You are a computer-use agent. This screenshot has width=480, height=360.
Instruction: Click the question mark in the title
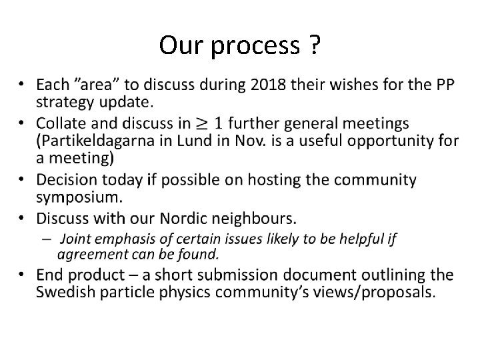coord(313,45)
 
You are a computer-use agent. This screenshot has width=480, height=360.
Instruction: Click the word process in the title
coord(255,47)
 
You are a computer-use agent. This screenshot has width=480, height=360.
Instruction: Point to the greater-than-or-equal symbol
coord(223,123)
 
